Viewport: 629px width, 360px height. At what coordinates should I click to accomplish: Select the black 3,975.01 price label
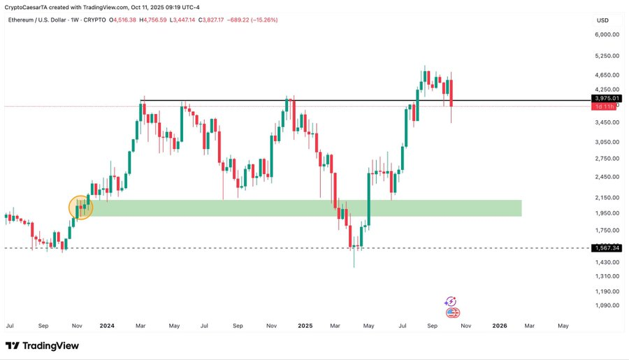pyautogui.click(x=606, y=99)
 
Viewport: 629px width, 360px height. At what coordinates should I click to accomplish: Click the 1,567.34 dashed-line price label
pyautogui.click(x=606, y=248)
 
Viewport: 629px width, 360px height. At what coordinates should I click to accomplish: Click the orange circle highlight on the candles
pyautogui.click(x=81, y=207)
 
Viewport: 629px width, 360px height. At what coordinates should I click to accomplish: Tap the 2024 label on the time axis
pyautogui.click(x=107, y=326)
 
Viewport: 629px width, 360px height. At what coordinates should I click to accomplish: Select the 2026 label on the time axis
pyautogui.click(x=500, y=326)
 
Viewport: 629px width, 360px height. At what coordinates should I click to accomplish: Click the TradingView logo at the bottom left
pyautogui.click(x=42, y=346)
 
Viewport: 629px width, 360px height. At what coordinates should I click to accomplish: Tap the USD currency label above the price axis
pyautogui.click(x=602, y=20)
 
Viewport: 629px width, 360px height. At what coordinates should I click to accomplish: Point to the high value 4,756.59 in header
pyautogui.click(x=159, y=20)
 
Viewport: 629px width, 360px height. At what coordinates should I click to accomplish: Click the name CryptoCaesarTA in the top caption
pyautogui.click(x=29, y=6)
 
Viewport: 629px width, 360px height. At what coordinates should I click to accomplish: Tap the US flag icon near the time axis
pyautogui.click(x=451, y=312)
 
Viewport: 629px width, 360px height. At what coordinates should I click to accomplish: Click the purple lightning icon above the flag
pyautogui.click(x=451, y=302)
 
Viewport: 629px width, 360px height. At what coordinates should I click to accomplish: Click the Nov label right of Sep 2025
pyautogui.click(x=466, y=326)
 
